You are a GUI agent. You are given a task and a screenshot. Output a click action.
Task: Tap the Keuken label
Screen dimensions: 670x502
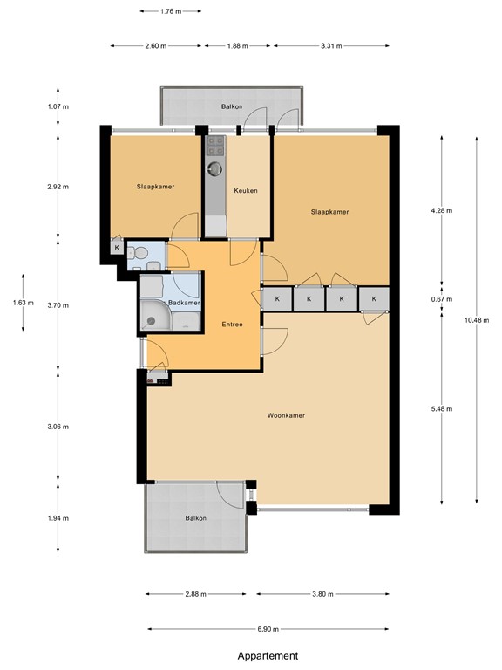pyautogui.click(x=245, y=191)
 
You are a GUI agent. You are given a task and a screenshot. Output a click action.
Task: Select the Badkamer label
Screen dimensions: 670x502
pyautogui.click(x=184, y=303)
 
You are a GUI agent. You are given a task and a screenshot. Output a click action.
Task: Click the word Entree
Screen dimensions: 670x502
pyautogui.click(x=231, y=325)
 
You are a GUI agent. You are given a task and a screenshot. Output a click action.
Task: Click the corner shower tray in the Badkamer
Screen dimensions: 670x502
pyautogui.click(x=154, y=318)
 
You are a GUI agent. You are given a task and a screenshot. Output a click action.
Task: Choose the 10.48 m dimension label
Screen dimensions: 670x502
pyautogui.click(x=477, y=320)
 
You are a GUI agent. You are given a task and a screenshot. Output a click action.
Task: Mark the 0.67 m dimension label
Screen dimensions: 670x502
pyautogui.click(x=443, y=298)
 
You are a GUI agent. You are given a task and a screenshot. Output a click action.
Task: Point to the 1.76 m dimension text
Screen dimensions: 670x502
pyautogui.click(x=170, y=12)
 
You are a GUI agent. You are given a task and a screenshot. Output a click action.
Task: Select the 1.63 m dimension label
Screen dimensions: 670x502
pyautogui.click(x=23, y=303)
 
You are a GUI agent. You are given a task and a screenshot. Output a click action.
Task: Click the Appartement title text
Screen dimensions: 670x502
pyautogui.click(x=268, y=656)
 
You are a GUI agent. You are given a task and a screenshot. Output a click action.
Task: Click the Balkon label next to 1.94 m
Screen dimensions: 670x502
pyautogui.click(x=196, y=518)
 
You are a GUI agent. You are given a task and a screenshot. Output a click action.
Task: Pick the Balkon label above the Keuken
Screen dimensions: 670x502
pyautogui.click(x=231, y=106)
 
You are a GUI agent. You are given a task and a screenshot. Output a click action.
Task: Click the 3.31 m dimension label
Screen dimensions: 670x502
pyautogui.click(x=331, y=45)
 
